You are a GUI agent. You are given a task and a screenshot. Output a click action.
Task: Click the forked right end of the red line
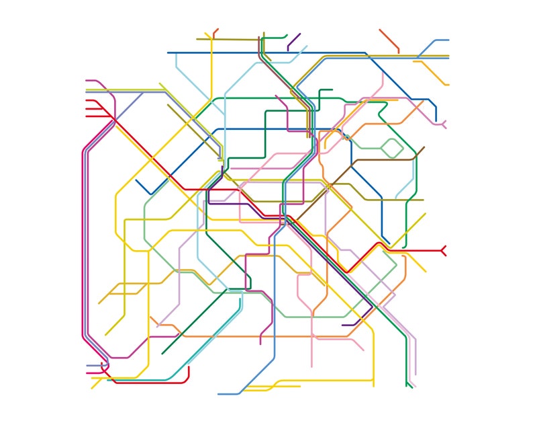[444, 251]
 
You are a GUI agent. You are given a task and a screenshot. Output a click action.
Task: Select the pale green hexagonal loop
[392, 147]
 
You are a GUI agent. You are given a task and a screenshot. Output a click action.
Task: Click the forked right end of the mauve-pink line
[444, 124]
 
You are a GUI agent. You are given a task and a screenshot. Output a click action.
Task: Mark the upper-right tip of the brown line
[424, 147]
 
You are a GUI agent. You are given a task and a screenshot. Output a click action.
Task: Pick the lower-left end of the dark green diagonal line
[162, 353]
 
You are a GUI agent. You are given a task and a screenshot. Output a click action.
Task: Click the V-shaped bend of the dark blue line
[150, 194]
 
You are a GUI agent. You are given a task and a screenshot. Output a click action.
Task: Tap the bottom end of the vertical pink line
[311, 366]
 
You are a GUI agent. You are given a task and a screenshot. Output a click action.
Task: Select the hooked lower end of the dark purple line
[344, 325]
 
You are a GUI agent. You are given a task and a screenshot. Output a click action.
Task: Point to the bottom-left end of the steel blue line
[219, 394]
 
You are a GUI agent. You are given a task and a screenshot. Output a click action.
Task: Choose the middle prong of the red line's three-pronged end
[87, 108]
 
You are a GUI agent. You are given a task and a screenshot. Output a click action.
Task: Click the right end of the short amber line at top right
[448, 85]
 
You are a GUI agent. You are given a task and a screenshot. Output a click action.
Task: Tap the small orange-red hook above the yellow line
[215, 32]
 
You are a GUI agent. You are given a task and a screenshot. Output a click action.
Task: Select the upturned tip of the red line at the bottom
[189, 368]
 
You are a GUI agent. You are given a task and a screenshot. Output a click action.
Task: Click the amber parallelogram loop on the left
[124, 288]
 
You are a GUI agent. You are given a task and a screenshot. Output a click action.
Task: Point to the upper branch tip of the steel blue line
[448, 40]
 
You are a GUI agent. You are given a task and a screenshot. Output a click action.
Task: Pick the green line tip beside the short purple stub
[286, 35]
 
